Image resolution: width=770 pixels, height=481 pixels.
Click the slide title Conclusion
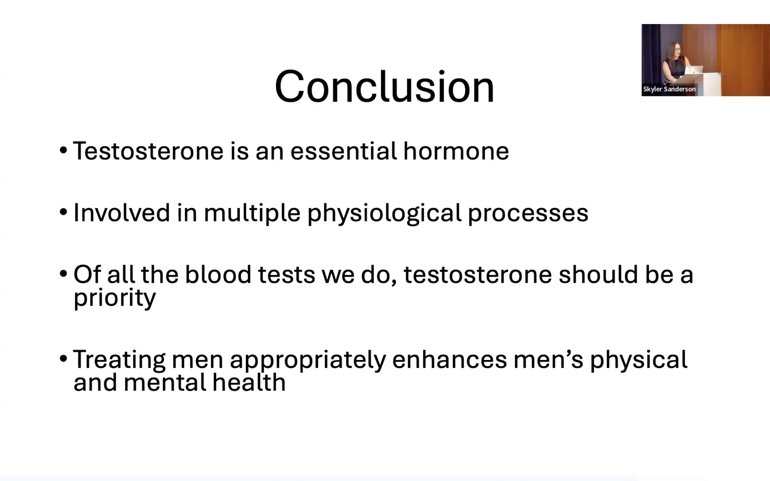coord(384,87)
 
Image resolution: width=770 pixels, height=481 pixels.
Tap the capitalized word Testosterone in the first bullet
coord(148,151)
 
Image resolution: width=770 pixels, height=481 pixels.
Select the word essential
coord(343,151)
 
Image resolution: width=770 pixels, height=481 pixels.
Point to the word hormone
coord(456,151)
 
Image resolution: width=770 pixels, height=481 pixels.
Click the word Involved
coord(122,213)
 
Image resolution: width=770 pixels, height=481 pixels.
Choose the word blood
coord(218,274)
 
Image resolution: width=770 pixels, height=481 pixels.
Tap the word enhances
coord(450,360)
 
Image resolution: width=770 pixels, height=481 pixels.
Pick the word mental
coord(165,382)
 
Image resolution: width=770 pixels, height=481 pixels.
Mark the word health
coord(249,382)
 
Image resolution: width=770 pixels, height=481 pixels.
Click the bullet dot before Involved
coord(63,212)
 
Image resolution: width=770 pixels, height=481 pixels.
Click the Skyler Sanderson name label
coord(670,89)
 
